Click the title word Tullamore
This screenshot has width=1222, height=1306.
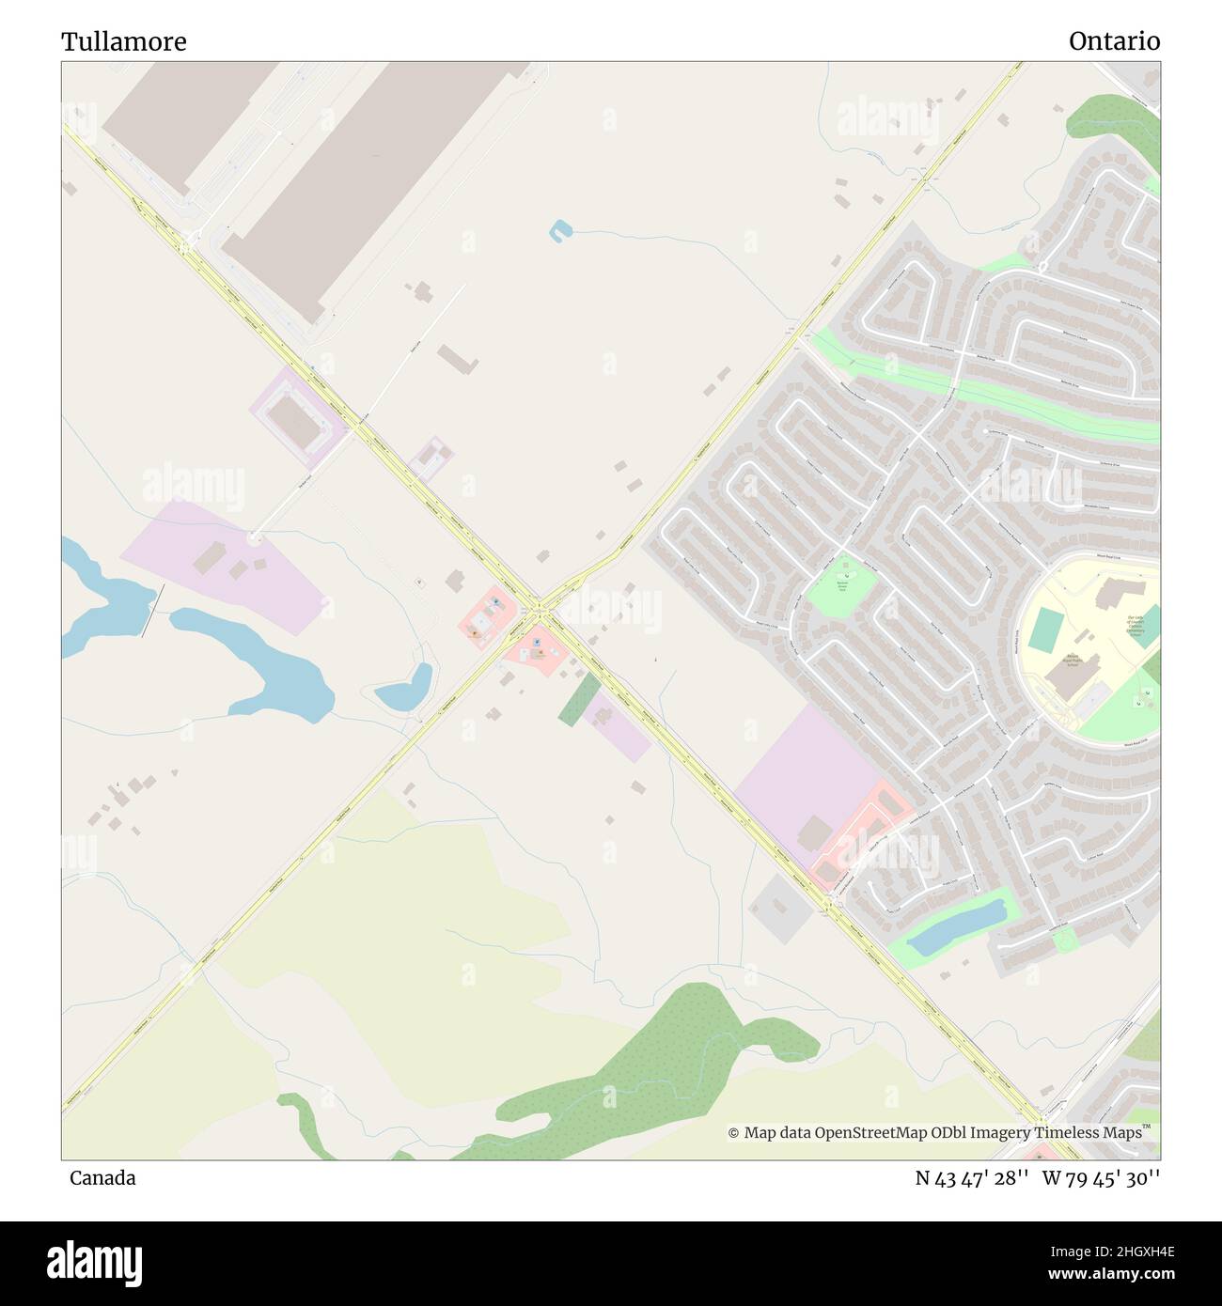click(x=123, y=41)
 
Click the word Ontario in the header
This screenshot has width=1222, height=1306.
click(x=1113, y=41)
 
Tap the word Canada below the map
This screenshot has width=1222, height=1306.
click(x=102, y=1177)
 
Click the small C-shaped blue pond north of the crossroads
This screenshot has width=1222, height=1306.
click(x=560, y=230)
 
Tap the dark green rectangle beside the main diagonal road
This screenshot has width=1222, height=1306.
click(x=579, y=698)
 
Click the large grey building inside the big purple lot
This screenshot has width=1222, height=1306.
click(x=814, y=832)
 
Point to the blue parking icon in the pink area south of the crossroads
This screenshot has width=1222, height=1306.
click(x=537, y=643)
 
